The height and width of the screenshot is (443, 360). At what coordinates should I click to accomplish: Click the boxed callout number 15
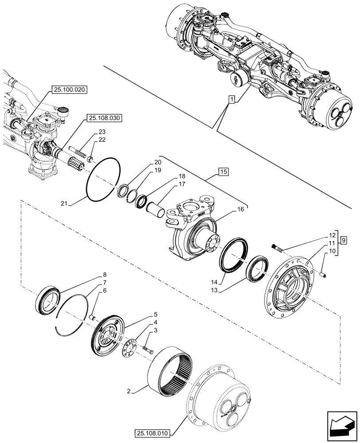223,171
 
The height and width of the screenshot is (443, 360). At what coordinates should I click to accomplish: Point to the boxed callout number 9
344,240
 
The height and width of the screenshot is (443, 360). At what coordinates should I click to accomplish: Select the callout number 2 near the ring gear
128,392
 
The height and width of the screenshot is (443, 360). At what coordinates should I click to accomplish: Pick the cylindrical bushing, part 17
157,209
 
